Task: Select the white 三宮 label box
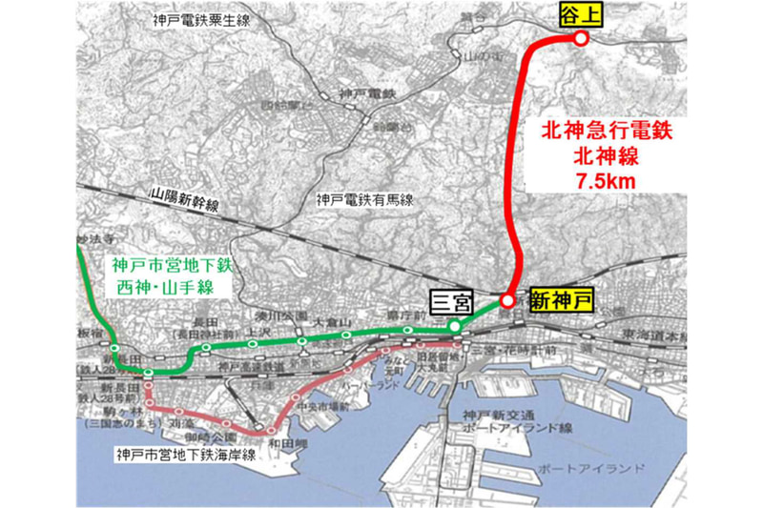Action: click(x=450, y=301)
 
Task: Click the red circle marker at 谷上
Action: click(x=579, y=38)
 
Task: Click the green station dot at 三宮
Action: click(x=456, y=326)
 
